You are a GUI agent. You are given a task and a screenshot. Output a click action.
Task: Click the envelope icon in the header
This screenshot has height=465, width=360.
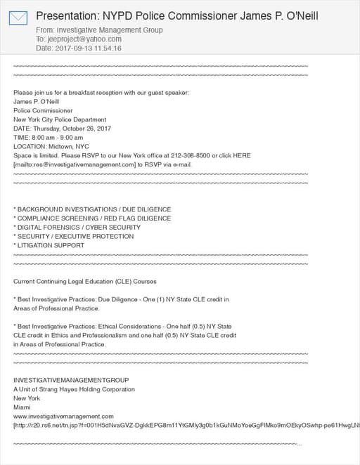[x=18, y=18]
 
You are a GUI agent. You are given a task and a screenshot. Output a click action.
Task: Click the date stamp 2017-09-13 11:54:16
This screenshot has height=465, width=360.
[x=87, y=48]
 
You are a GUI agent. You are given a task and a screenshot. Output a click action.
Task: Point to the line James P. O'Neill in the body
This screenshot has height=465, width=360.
[x=36, y=101]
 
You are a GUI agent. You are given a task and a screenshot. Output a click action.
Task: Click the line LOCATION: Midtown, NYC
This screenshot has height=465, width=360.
[x=51, y=146]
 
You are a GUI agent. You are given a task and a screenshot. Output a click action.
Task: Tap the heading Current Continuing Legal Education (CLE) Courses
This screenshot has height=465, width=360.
[x=85, y=282]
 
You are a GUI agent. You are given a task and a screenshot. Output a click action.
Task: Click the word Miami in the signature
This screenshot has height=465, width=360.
[x=22, y=407]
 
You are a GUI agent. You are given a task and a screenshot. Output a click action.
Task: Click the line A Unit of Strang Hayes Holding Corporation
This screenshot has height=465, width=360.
[x=74, y=389]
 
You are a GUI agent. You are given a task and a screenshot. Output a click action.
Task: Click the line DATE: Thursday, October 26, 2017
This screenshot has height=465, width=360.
[x=62, y=128]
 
